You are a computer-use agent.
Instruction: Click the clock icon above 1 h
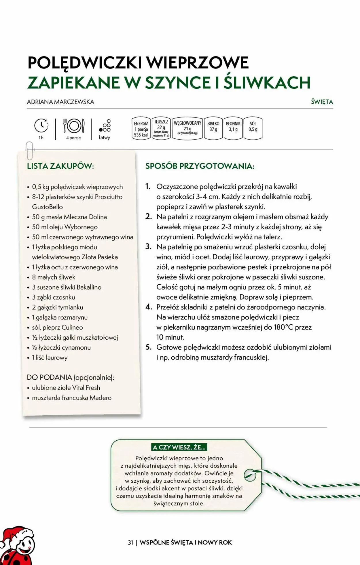tap(41, 125)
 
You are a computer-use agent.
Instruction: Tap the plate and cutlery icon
tap(73, 126)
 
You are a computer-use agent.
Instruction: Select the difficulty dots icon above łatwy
tap(105, 126)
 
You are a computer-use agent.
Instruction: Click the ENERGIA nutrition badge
tap(141, 129)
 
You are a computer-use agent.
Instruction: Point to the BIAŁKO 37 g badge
tap(213, 128)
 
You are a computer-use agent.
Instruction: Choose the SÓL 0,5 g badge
tap(253, 128)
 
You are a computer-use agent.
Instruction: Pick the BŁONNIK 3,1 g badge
tap(233, 128)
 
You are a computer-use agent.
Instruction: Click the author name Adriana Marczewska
tap(60, 102)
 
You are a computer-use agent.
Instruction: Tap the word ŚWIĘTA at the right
tap(322, 102)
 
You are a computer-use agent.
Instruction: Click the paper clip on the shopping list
tap(30, 150)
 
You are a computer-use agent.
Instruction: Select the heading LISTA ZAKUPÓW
tap(60, 166)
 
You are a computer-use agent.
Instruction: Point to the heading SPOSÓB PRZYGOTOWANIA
tap(200, 166)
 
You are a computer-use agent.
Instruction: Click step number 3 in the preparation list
tap(148, 247)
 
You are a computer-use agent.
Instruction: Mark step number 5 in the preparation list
tap(148, 347)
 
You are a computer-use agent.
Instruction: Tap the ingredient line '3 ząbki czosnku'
tap(54, 297)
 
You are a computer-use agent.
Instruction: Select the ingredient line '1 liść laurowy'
tap(50, 357)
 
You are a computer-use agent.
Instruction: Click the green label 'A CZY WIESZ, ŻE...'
tap(179, 447)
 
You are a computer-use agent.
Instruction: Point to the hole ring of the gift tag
tap(250, 475)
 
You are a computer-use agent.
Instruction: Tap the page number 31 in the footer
tap(130, 543)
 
